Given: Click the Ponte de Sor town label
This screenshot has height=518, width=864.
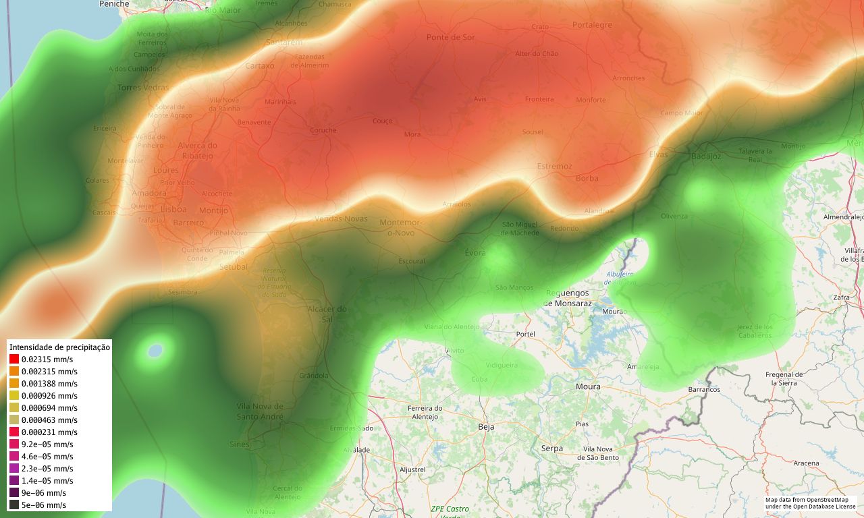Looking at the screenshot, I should [x=451, y=37].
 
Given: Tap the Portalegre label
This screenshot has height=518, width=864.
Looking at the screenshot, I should [x=592, y=25].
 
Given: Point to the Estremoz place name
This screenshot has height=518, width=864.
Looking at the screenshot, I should [x=554, y=167].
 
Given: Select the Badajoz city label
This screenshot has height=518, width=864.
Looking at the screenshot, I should [x=706, y=156].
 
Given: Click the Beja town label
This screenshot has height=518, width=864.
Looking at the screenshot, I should [x=486, y=427].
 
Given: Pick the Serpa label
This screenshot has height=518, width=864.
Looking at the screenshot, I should [x=551, y=449].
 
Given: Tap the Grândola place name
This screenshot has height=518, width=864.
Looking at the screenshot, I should [x=313, y=376].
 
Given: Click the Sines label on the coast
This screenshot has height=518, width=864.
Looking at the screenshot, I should [x=239, y=444].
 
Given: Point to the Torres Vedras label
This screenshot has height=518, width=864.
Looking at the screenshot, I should [x=143, y=88].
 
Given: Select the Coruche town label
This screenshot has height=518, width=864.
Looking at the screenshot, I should [x=323, y=130].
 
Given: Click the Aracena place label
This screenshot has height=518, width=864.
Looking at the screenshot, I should [x=806, y=463].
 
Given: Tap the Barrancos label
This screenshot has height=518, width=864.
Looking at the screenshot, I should [x=704, y=390].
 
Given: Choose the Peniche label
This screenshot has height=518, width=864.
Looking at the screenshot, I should [x=114, y=4].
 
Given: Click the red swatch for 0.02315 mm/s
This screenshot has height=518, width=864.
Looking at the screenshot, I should [x=14, y=359].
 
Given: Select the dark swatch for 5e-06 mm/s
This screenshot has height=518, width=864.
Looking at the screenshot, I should [x=14, y=505].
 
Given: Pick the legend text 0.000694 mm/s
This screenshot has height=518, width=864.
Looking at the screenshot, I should [x=49, y=408].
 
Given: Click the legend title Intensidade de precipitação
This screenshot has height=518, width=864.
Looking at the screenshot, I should [x=59, y=347].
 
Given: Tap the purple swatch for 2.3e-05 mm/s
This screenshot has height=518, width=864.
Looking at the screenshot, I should [x=14, y=469].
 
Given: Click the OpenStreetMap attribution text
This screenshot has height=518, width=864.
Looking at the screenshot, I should [x=810, y=503].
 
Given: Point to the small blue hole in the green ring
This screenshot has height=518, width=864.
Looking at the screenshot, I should [x=155, y=351].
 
